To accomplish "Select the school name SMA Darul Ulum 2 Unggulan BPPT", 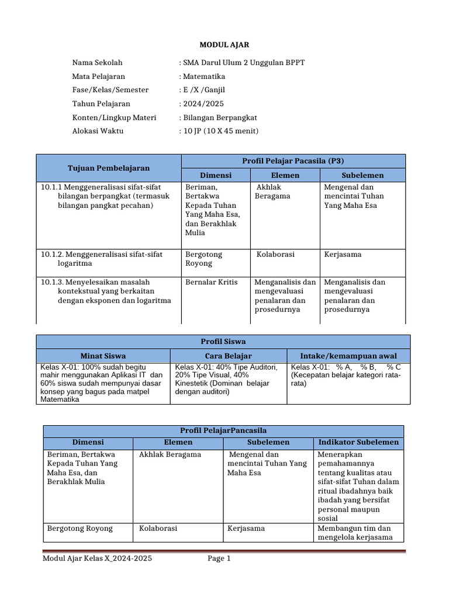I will (244, 62).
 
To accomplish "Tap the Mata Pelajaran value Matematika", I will (203, 77).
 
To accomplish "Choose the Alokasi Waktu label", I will (98, 131).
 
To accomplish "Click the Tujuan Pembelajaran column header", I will (109, 168).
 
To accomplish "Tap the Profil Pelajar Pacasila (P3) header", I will (293, 161).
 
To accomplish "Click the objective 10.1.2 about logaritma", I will (102, 259).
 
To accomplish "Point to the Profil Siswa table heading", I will (223, 341).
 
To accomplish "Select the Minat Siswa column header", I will (103, 355).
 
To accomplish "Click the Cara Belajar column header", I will (228, 355).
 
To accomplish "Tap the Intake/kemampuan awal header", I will (348, 355).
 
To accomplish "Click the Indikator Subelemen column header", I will (358, 442).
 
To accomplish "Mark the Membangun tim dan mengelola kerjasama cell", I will (357, 533).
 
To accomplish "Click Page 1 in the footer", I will (219, 559).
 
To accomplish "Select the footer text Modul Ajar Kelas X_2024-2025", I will (98, 559).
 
